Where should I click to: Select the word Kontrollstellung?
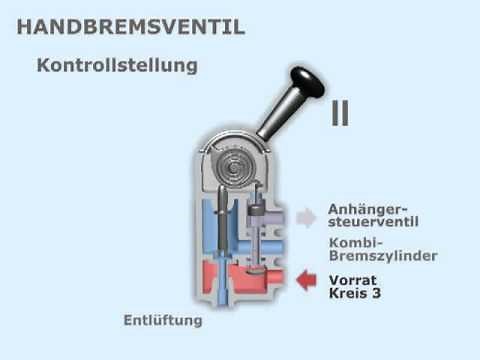(x=117, y=66)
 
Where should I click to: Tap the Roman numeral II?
(x=340, y=113)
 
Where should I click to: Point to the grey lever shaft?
(x=279, y=114)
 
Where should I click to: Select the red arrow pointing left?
(x=308, y=281)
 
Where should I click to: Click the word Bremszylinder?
(x=382, y=257)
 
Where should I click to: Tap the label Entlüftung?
(x=162, y=321)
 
